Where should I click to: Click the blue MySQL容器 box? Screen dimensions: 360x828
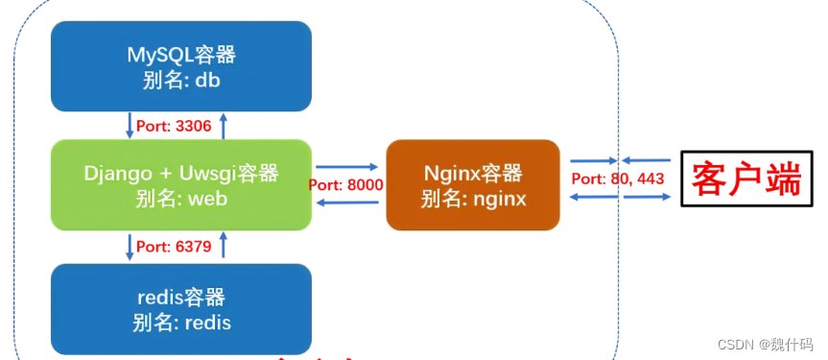(180, 66)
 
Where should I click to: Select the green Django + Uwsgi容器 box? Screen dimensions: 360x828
(180, 185)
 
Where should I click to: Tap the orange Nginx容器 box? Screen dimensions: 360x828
(472, 185)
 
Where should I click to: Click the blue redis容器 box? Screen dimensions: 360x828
(180, 308)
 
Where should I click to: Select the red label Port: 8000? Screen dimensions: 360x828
(346, 184)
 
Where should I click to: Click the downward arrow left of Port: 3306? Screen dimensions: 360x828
(130, 125)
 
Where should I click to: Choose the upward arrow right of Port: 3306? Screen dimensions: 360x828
(224, 125)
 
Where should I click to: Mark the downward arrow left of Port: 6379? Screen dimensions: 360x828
(130, 247)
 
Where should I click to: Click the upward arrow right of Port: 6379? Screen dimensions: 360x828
(224, 247)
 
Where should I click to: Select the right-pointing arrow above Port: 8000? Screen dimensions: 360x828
(345, 165)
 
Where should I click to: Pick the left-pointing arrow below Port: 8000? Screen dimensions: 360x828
(345, 202)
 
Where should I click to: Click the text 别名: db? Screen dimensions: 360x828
(180, 81)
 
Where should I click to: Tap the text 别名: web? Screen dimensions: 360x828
(180, 200)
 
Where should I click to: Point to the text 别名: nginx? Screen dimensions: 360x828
(472, 200)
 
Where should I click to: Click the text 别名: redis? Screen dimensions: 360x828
(180, 322)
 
